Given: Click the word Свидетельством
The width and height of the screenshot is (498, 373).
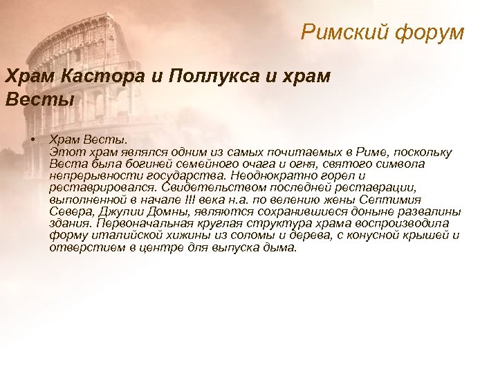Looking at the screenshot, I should [206, 187].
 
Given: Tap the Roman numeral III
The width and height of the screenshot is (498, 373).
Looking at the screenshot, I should [191, 200].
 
